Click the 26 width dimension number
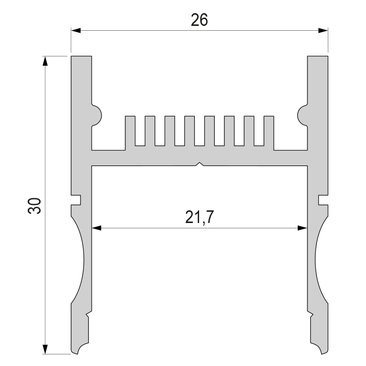[199, 20]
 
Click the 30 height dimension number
[34, 205]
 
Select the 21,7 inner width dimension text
[199, 217]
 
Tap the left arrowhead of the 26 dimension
[76, 30]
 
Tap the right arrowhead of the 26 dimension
[323, 30]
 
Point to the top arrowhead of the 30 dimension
[45, 61]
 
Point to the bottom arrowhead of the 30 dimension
[45, 349]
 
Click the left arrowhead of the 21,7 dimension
[97, 228]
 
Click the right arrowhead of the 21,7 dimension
[303, 228]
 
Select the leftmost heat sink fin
[130, 133]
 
